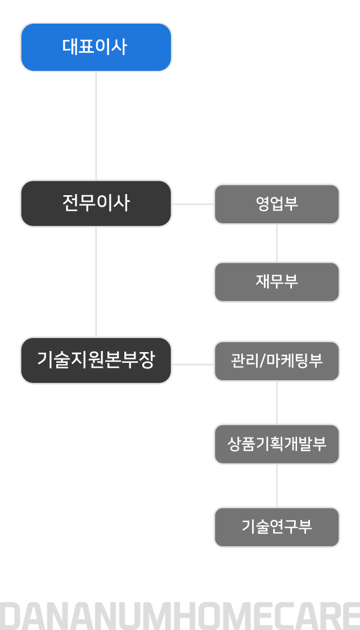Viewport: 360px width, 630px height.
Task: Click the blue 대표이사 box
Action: pyautogui.click(x=96, y=47)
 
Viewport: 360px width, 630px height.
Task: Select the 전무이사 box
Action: pyautogui.click(x=96, y=203)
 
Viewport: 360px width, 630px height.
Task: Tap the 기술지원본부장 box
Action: pyautogui.click(x=96, y=360)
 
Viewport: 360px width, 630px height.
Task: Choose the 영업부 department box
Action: pyautogui.click(x=277, y=204)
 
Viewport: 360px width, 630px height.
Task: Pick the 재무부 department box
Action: pyautogui.click(x=277, y=282)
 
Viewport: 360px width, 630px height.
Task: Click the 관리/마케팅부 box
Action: pyautogui.click(x=277, y=361)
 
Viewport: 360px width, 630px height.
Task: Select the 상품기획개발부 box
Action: pyautogui.click(x=277, y=444)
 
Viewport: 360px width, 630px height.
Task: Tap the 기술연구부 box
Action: pyautogui.click(x=277, y=526)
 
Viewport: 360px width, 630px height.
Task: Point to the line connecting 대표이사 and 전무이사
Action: pyautogui.click(x=96, y=126)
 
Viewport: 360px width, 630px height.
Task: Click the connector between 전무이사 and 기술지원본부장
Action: pyautogui.click(x=96, y=282)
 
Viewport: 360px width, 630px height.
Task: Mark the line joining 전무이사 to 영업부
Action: pyautogui.click(x=193, y=204)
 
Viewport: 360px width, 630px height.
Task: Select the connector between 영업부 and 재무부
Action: pyautogui.click(x=277, y=243)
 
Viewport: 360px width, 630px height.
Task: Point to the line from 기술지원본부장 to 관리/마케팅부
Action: pyautogui.click(x=193, y=365)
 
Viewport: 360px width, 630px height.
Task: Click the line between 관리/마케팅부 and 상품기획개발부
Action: pyautogui.click(x=277, y=403)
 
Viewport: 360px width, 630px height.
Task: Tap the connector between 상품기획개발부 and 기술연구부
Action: pyautogui.click(x=277, y=486)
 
